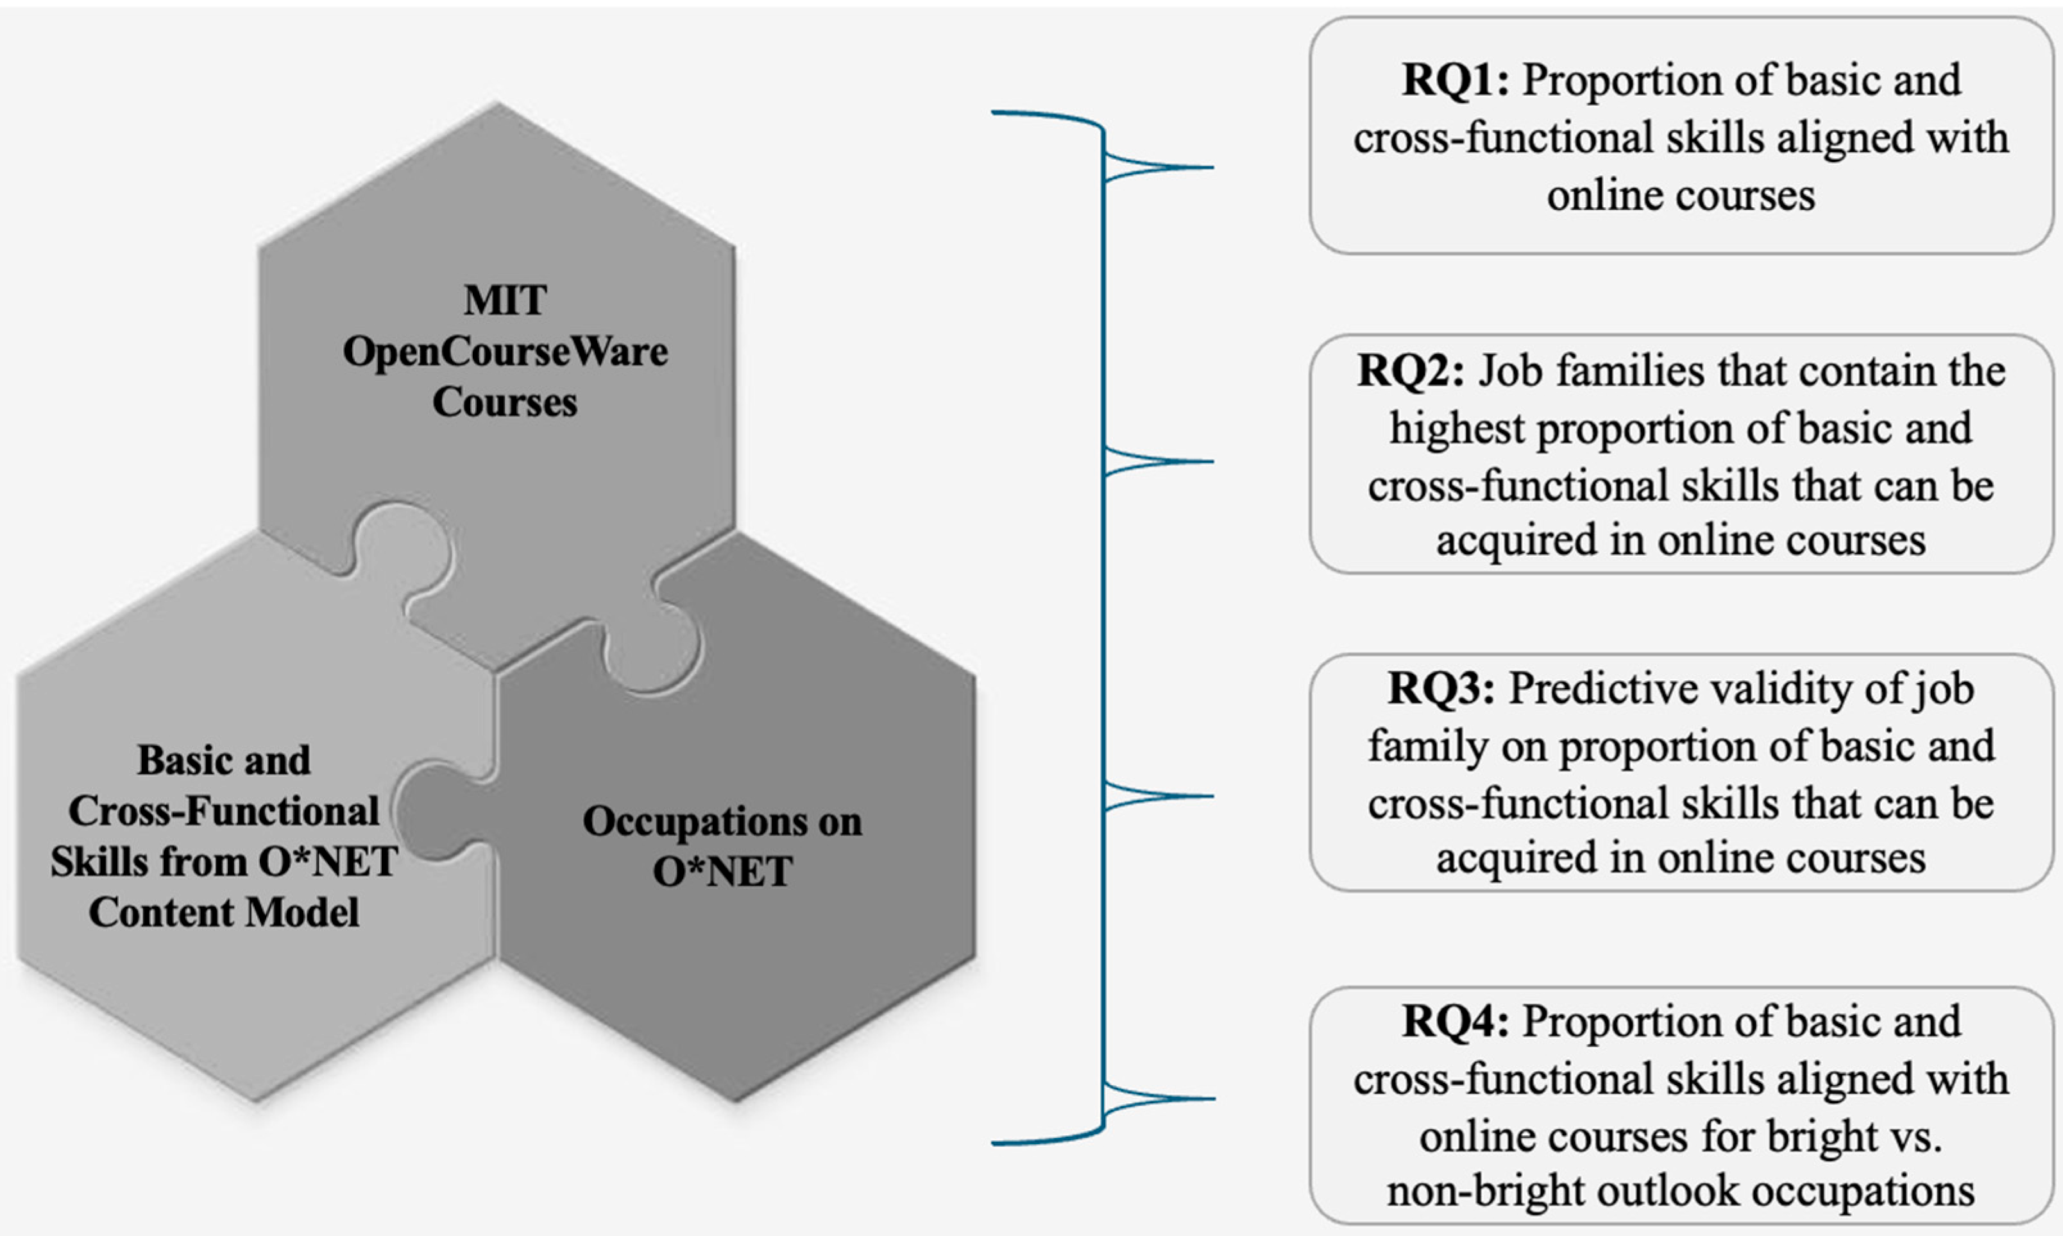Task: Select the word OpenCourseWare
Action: pyautogui.click(x=504, y=352)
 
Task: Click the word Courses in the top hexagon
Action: pyautogui.click(x=504, y=402)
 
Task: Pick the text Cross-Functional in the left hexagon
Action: pyautogui.click(x=224, y=811)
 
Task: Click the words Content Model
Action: pyautogui.click(x=224, y=913)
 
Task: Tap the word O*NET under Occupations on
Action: pyautogui.click(x=722, y=872)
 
